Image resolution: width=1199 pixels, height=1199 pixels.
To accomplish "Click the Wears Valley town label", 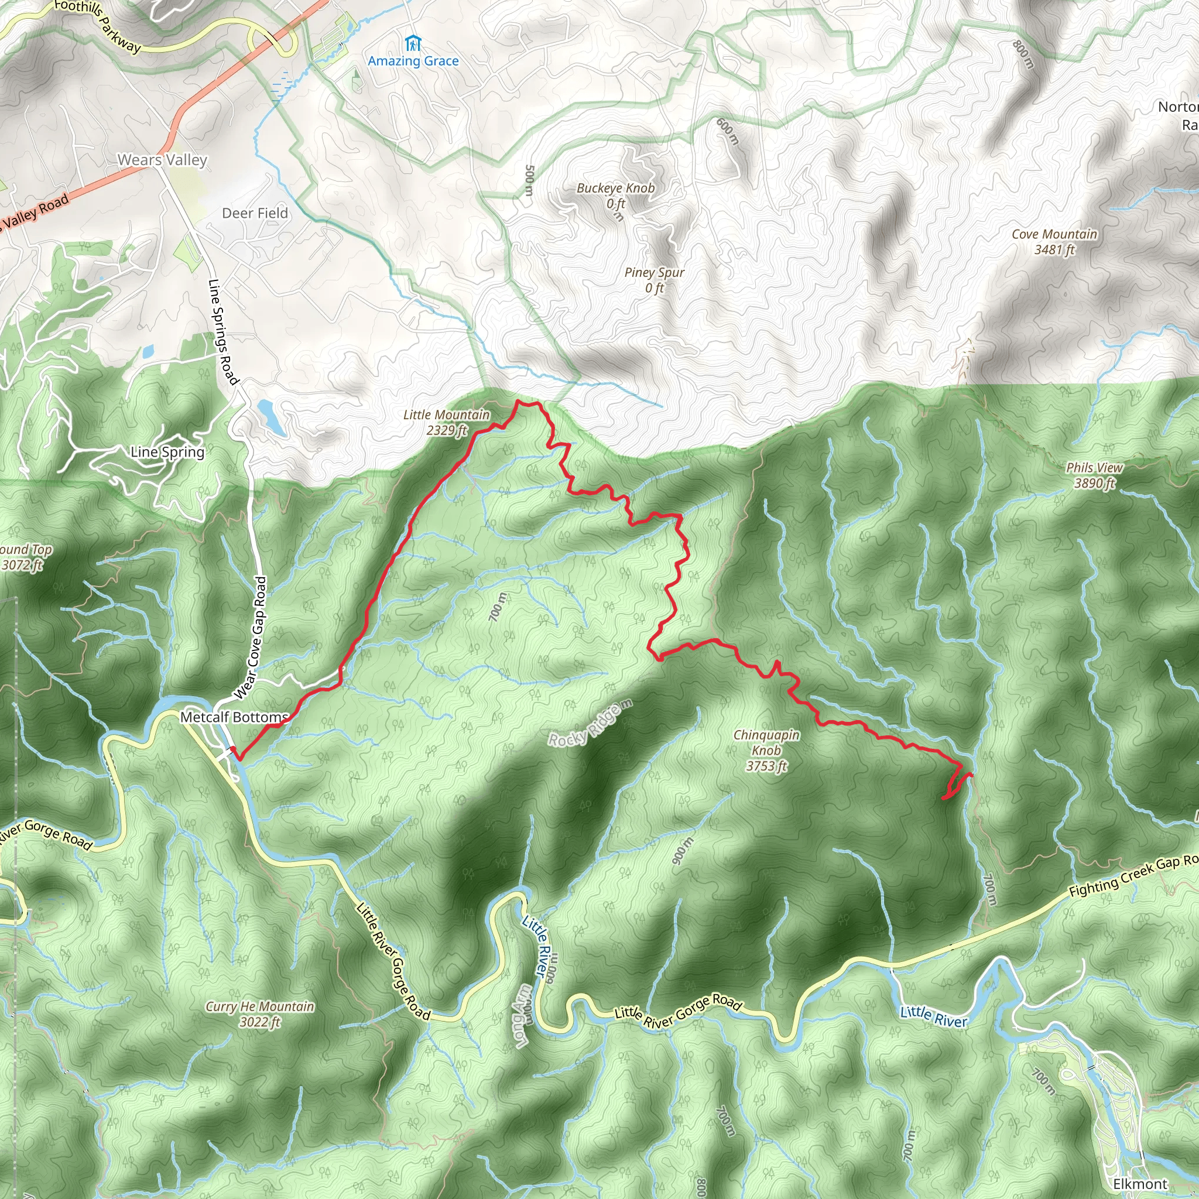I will click(x=162, y=160).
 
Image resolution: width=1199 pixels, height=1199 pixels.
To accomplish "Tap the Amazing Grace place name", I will click(x=413, y=61).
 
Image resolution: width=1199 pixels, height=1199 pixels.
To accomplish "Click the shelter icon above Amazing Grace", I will click(x=412, y=43).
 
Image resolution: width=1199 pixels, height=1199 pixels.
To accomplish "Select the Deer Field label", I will click(x=255, y=214).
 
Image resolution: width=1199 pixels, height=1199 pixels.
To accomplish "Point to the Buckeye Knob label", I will click(x=615, y=188).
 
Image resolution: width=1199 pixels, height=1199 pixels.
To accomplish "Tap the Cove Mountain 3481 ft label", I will click(x=1054, y=241).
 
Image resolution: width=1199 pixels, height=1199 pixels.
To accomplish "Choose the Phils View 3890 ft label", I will click(x=1094, y=475).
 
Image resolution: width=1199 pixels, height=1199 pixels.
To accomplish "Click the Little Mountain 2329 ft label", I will click(x=446, y=422).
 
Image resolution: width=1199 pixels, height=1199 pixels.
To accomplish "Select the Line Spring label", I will click(x=167, y=452).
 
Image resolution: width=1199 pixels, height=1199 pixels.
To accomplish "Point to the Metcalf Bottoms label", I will click(x=234, y=717).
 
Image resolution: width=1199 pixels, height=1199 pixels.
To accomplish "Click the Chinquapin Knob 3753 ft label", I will click(x=766, y=750).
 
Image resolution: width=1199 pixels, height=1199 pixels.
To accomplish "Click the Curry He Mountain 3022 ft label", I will click(x=259, y=1013).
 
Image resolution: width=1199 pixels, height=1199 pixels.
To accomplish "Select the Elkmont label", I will click(x=1139, y=1184).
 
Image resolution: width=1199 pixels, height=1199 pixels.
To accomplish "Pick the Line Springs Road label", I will click(x=223, y=331).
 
